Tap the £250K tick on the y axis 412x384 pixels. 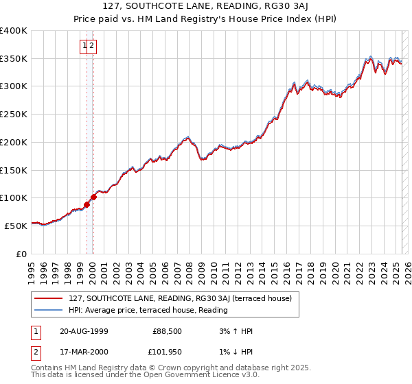(x=14, y=115)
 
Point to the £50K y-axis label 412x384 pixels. (x=16, y=226)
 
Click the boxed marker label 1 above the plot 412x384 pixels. (x=85, y=46)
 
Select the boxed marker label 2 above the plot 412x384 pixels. (x=92, y=46)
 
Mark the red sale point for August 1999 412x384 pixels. (x=87, y=204)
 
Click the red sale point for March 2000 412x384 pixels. (x=94, y=197)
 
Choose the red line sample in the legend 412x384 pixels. (x=49, y=298)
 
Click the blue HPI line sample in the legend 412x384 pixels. (x=49, y=310)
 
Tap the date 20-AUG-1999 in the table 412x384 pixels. (x=84, y=331)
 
